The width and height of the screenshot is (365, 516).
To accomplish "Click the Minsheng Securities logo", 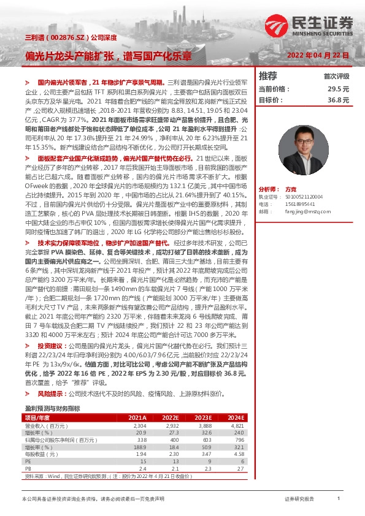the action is point(310,25).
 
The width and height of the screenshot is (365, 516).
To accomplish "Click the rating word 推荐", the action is point(268,77).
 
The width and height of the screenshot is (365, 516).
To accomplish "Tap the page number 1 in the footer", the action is point(339,499).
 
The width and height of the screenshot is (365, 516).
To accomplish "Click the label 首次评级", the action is point(336,77).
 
